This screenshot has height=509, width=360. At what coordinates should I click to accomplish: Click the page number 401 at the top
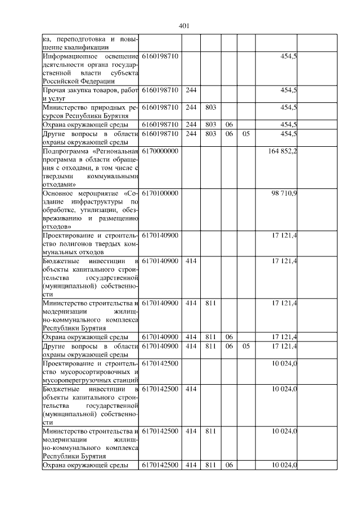click(x=183, y=26)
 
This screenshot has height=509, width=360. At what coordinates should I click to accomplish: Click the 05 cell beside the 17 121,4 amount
click(x=245, y=346)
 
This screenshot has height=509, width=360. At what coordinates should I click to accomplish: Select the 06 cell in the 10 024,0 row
click(x=229, y=465)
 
